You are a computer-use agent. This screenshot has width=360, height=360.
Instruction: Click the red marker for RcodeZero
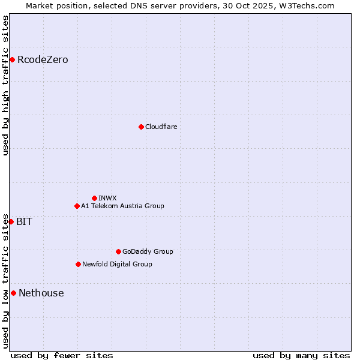tap(12, 59)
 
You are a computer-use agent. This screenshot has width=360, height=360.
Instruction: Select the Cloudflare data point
tap(141, 127)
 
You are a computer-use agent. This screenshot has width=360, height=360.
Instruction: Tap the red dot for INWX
tap(94, 198)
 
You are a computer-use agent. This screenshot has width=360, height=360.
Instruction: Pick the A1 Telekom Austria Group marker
tap(77, 206)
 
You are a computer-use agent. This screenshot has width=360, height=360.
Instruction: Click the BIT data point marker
tap(11, 221)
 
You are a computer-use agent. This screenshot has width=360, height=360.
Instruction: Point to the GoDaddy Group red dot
tap(118, 251)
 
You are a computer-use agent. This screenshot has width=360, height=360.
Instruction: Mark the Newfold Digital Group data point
tap(78, 264)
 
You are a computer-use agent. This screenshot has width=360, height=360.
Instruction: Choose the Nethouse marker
tap(13, 293)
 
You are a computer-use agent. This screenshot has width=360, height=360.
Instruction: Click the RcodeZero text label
tap(43, 59)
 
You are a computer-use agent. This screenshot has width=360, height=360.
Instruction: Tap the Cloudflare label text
tap(161, 127)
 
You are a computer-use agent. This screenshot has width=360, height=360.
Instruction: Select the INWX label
tap(107, 198)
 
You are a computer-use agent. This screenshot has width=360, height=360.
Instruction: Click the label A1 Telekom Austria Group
tap(122, 206)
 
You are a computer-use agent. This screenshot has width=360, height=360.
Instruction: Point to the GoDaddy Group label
tap(148, 251)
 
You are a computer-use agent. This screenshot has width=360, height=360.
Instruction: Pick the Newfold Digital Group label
tap(117, 264)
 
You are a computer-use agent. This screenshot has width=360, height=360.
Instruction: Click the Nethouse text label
tap(41, 293)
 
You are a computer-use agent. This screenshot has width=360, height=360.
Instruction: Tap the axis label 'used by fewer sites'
tap(62, 355)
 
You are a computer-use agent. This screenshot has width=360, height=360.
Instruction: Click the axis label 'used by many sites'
tap(301, 355)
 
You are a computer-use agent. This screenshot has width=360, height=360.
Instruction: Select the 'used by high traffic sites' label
tap(5, 85)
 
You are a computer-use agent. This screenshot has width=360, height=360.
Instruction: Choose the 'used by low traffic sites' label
tap(5, 280)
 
